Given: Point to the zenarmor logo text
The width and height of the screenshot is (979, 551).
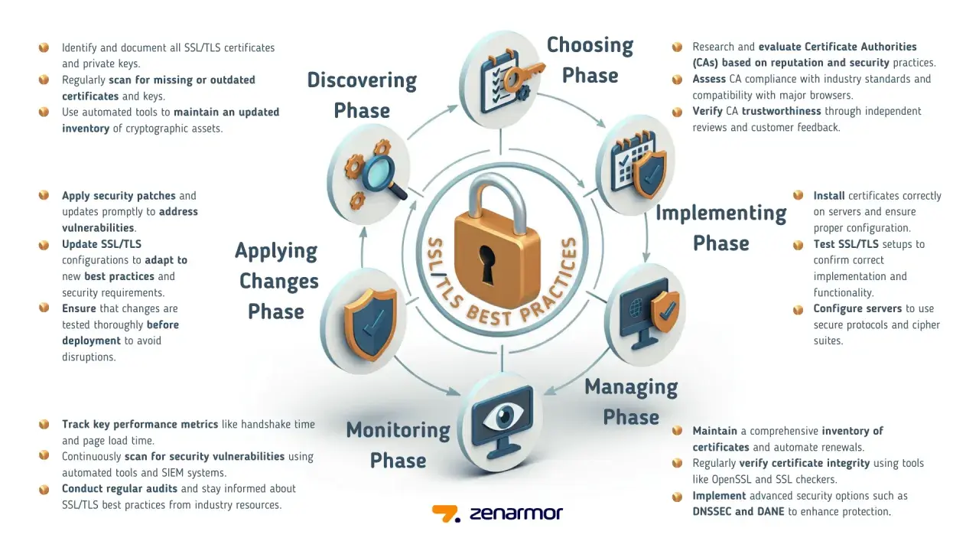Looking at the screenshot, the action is pyautogui.click(x=516, y=514).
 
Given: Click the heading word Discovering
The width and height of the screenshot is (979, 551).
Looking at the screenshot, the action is pyautogui.click(x=362, y=81).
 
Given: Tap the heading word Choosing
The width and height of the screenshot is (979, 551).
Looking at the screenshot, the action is pyautogui.click(x=590, y=45).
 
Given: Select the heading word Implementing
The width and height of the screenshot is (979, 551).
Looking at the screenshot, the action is pyautogui.click(x=721, y=214).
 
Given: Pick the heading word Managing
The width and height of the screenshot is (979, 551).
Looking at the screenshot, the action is pyautogui.click(x=631, y=387).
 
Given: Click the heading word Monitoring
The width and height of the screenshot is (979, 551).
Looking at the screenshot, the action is pyautogui.click(x=398, y=431).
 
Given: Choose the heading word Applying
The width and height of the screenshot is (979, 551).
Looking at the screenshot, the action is pyautogui.click(x=276, y=252).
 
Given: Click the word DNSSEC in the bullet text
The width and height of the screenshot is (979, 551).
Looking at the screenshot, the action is pyautogui.click(x=711, y=512).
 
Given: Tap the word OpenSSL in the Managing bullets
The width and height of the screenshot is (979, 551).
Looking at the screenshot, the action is pyautogui.click(x=732, y=479).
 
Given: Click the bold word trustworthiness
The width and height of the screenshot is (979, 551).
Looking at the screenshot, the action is pyautogui.click(x=782, y=111).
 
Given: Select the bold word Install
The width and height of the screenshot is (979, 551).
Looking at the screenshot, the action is pyautogui.click(x=828, y=195).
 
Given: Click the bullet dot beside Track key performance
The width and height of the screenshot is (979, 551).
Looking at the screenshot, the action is pyautogui.click(x=44, y=424).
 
